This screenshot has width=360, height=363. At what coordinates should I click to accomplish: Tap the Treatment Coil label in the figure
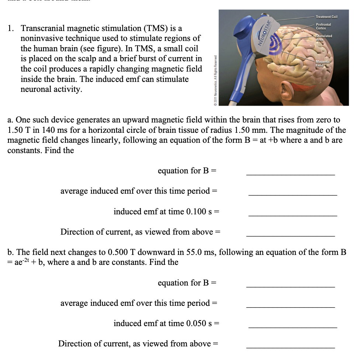click(x=327, y=17)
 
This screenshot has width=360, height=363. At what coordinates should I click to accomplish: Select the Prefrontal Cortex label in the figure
click(x=323, y=26)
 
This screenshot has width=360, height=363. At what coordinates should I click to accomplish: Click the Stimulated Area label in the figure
click(x=323, y=38)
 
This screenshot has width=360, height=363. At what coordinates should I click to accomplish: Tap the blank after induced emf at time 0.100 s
click(x=292, y=215)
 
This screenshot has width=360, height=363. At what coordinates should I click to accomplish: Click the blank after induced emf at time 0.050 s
click(x=292, y=327)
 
